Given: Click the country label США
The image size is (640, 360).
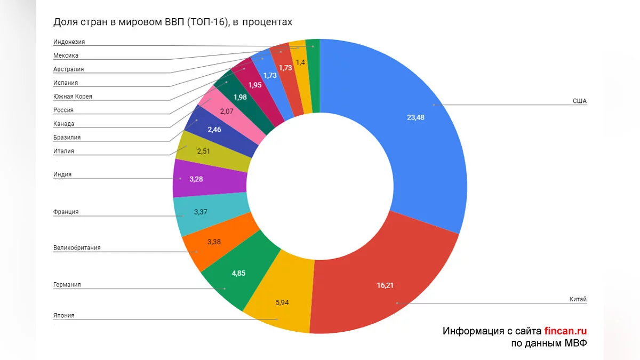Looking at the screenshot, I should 580,101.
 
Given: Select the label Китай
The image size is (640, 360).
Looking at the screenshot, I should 578,300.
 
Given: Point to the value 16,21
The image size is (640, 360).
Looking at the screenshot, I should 385,285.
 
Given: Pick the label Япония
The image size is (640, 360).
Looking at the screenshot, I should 64,315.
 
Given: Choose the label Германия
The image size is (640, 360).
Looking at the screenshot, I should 67,285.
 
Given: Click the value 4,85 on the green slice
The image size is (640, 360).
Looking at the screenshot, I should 238,273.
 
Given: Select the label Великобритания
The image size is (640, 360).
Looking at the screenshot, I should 77,247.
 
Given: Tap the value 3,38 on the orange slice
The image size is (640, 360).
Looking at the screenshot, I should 213,242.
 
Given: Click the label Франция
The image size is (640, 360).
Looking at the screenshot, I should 66,212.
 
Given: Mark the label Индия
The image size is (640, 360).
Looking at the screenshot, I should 62,174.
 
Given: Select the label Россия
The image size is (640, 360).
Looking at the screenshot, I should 63,110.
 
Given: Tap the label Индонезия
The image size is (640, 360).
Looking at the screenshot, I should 69,42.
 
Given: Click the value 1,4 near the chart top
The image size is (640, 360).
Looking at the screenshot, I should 300,62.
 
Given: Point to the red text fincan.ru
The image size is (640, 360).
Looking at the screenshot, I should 565,331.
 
